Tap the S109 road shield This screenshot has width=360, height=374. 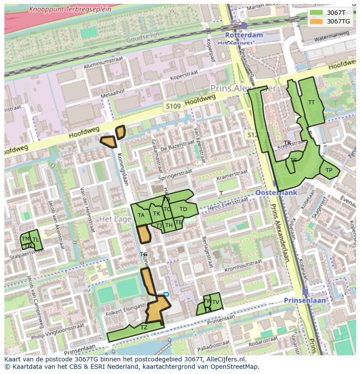(173, 106)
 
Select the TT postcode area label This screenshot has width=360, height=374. (311, 103)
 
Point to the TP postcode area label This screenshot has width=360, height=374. (329, 170)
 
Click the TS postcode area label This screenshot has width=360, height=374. (293, 160)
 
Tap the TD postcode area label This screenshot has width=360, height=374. (183, 209)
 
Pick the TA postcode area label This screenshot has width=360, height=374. (141, 215)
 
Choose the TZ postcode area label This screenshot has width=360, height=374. (144, 327)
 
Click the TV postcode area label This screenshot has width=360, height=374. (215, 302)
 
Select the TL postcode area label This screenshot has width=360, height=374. (36, 240)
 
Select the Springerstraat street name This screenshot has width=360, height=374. (175, 175)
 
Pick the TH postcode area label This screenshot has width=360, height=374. (169, 225)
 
